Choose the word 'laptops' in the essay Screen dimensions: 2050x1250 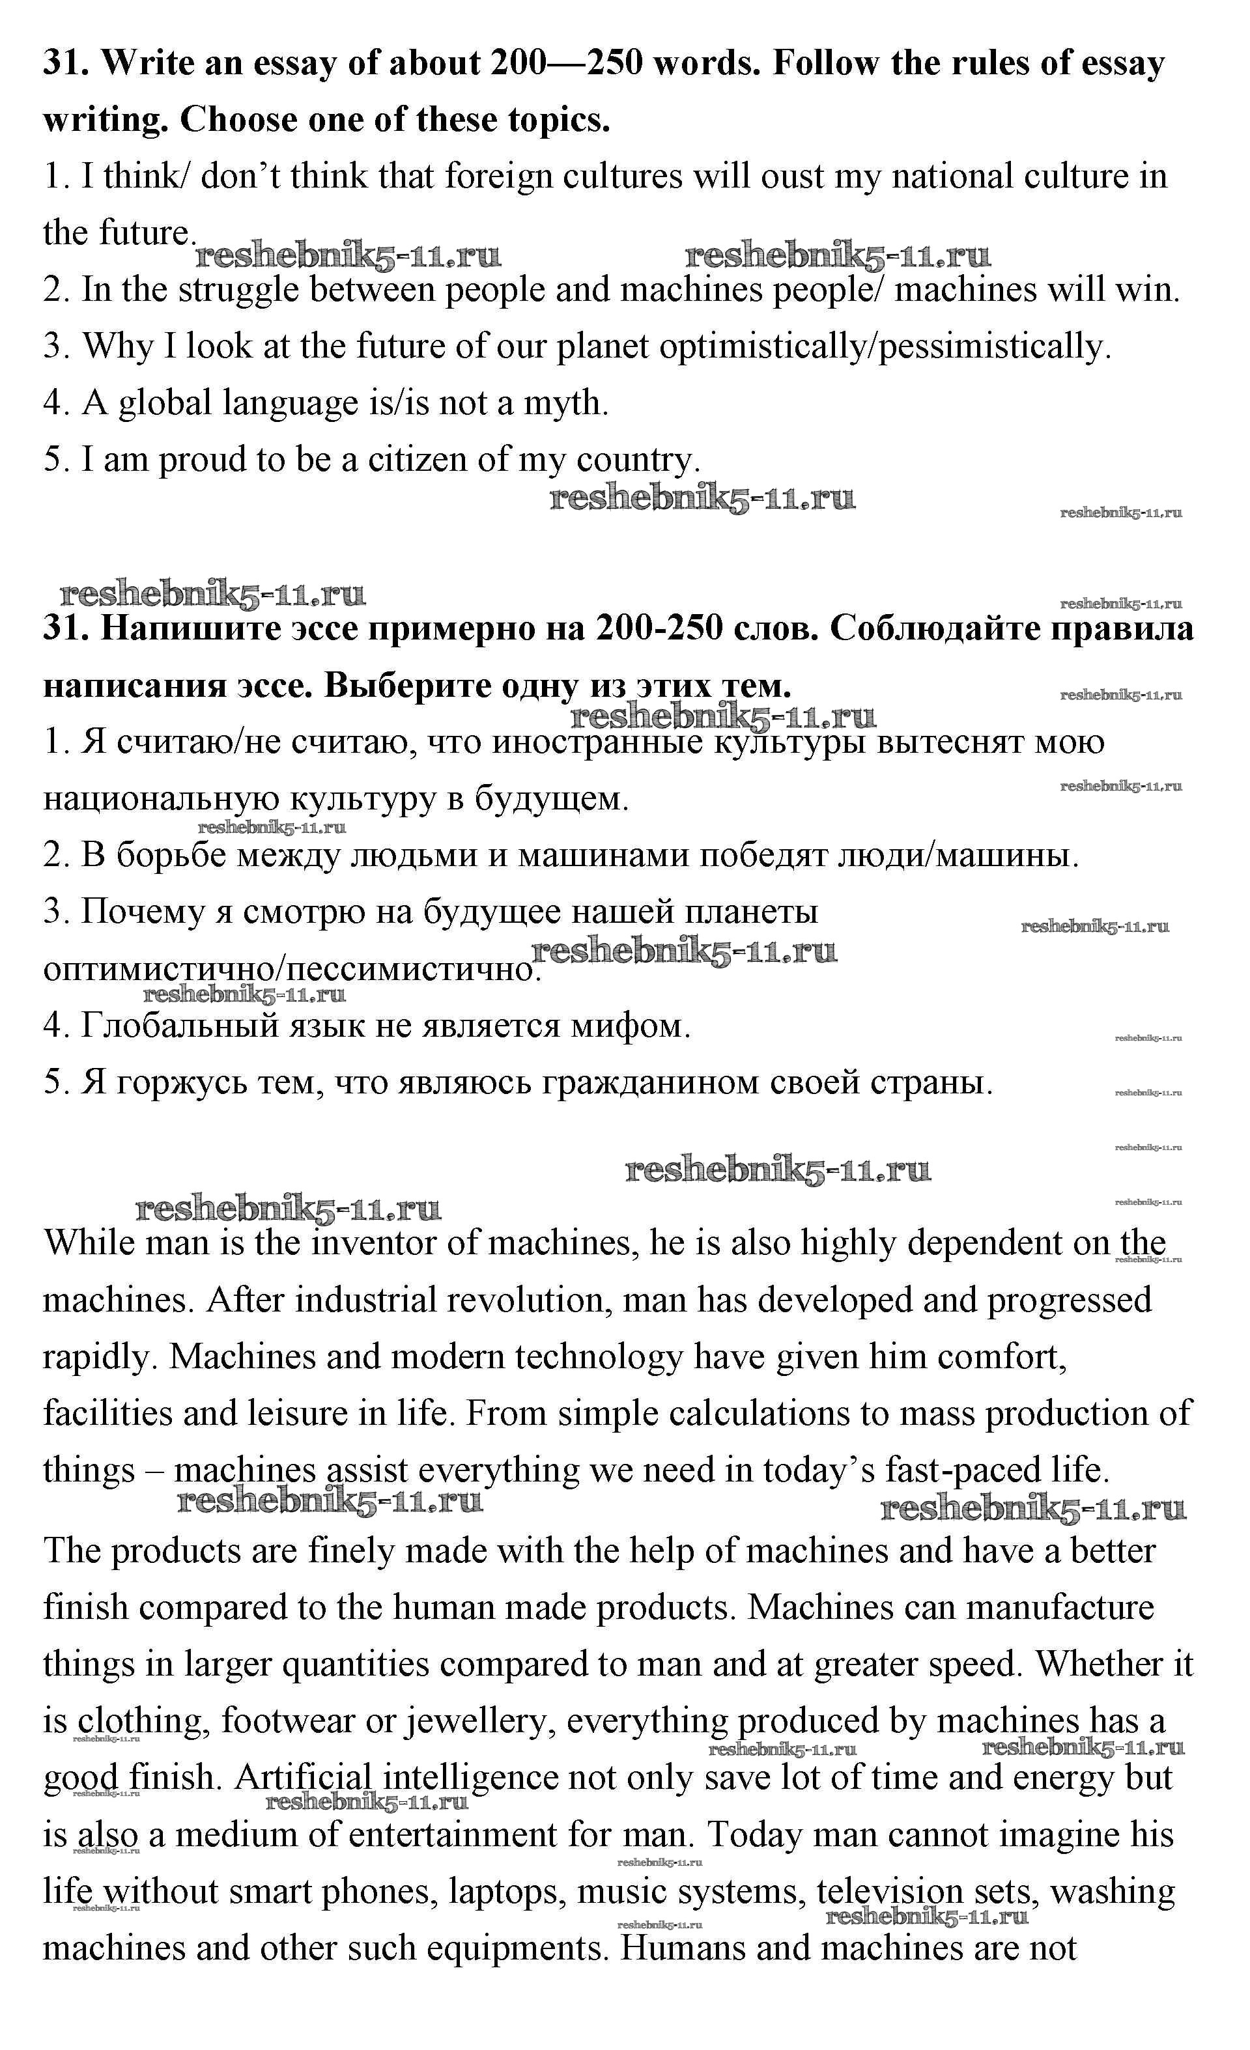click(x=507, y=1891)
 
